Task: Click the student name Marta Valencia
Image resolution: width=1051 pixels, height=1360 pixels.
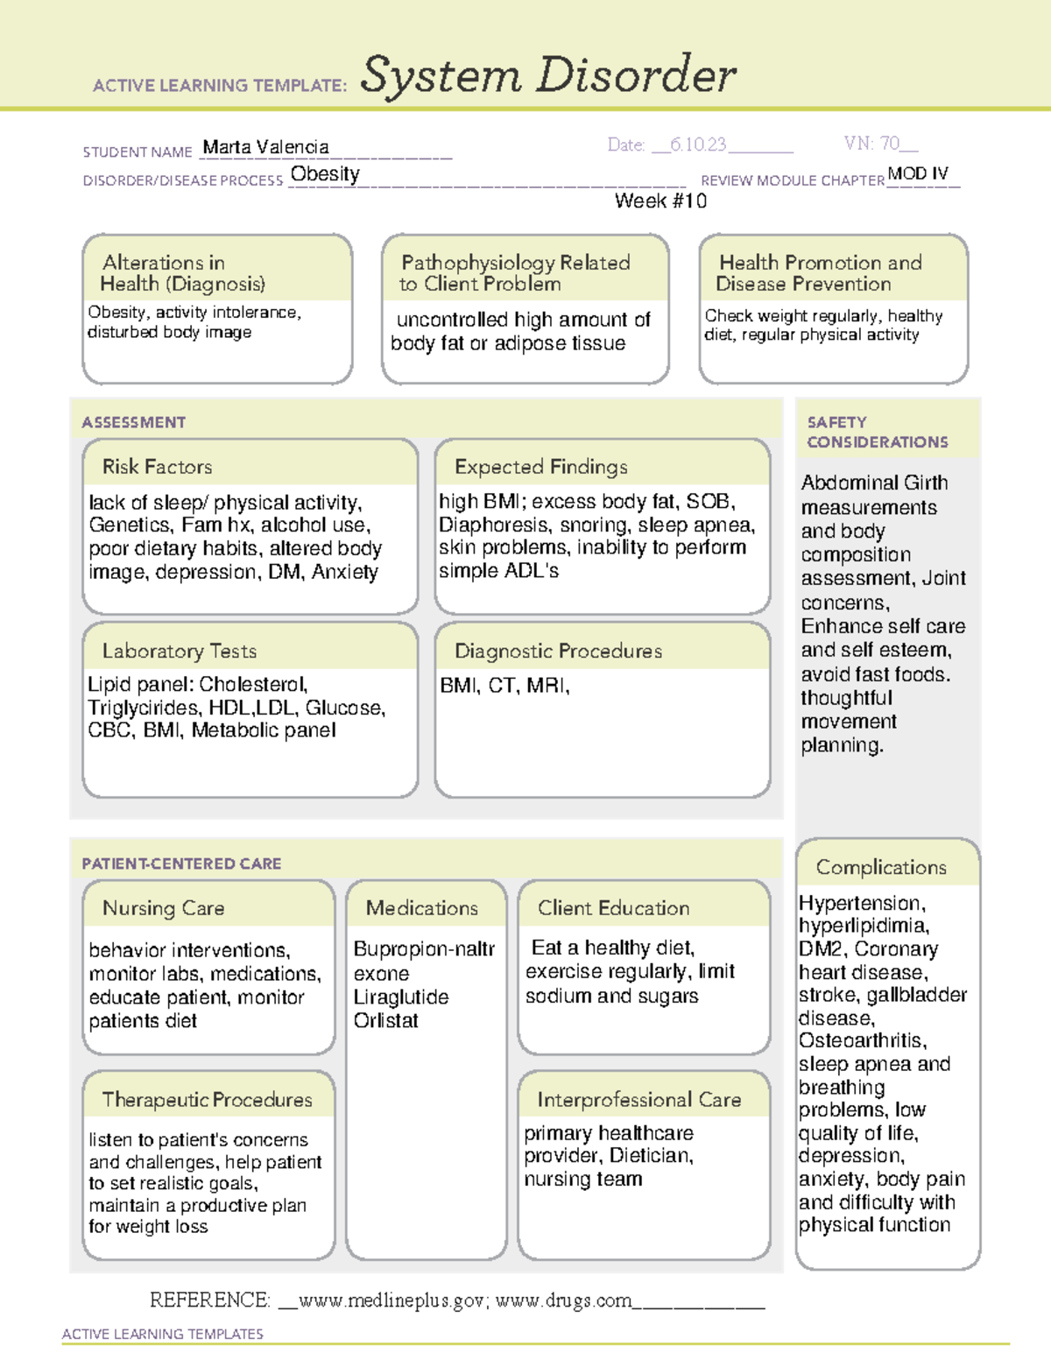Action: pos(265,147)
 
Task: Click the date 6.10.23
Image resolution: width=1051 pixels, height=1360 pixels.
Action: pos(698,144)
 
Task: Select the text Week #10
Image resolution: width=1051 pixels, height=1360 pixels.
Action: pos(660,201)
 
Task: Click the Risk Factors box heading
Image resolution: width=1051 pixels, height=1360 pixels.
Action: pos(157,467)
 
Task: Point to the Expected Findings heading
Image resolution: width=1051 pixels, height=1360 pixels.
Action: pos(540,467)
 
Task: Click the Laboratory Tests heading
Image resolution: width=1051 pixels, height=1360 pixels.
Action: pos(179,651)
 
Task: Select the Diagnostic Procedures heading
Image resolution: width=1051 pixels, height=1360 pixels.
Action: pos(558,651)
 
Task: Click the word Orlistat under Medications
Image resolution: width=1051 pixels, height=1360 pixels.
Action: pos(385,1020)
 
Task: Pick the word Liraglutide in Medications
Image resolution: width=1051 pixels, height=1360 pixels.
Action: pos(400,997)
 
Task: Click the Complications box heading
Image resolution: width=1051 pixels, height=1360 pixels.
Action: pos(881,867)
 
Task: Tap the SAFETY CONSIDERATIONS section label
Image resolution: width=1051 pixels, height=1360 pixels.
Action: pos(877,432)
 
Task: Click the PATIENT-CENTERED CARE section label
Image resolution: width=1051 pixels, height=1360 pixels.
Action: pos(181,863)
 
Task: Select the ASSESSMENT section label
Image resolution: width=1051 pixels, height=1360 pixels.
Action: pos(133,422)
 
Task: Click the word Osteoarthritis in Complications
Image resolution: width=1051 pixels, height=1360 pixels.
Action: pos(861,1040)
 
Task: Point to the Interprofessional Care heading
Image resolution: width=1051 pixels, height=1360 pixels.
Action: pos(638,1099)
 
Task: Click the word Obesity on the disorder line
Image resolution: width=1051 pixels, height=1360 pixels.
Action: pos(325,174)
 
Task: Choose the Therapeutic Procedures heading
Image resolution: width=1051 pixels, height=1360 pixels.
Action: pos(207,1099)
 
